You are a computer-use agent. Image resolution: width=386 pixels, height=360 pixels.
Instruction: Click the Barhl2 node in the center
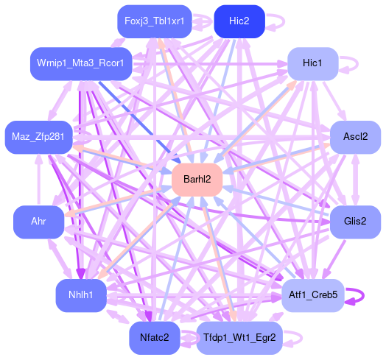coord(197,180)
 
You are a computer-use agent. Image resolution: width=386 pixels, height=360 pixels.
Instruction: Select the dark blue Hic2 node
coord(239,21)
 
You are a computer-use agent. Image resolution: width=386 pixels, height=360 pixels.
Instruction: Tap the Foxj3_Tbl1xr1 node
coord(155,21)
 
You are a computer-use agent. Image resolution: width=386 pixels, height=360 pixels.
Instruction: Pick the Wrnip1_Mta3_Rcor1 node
coord(81,64)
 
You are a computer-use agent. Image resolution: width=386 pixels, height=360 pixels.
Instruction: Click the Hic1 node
coord(312,64)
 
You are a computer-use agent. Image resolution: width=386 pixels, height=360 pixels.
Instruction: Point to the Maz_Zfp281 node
coord(38,138)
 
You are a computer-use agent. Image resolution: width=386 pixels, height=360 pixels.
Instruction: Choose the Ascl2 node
coord(355,138)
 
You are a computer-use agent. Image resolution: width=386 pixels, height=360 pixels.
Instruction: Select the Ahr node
coord(38,222)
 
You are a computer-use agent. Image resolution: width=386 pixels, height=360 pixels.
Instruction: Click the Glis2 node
coord(355,222)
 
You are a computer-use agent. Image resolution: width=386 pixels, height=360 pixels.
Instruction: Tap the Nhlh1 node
coord(81,295)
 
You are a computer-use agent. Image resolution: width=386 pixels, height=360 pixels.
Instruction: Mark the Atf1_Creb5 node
coord(312,295)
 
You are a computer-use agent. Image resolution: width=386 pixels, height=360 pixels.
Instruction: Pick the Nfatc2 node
coord(155,338)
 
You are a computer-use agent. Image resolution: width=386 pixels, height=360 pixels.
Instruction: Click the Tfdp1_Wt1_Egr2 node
coord(239,338)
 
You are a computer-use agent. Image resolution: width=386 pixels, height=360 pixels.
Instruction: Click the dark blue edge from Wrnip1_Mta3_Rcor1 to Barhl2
coord(139,122)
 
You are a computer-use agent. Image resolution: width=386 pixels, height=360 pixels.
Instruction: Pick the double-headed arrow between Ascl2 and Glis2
coord(355,180)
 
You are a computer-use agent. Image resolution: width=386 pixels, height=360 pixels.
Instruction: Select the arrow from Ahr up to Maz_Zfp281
coord(39,180)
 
